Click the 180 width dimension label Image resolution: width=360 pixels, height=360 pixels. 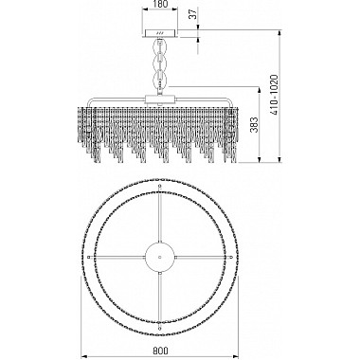pos(160,4)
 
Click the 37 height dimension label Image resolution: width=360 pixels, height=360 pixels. pos(193,14)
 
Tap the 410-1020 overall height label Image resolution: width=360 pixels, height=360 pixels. pos(274,95)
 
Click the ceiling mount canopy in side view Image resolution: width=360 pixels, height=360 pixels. pos(160,33)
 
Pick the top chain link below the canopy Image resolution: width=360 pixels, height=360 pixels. pos(160,46)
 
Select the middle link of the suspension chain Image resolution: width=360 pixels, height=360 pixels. pos(160,63)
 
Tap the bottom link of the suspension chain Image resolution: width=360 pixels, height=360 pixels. pos(160,80)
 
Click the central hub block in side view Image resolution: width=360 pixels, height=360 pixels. pos(160,99)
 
